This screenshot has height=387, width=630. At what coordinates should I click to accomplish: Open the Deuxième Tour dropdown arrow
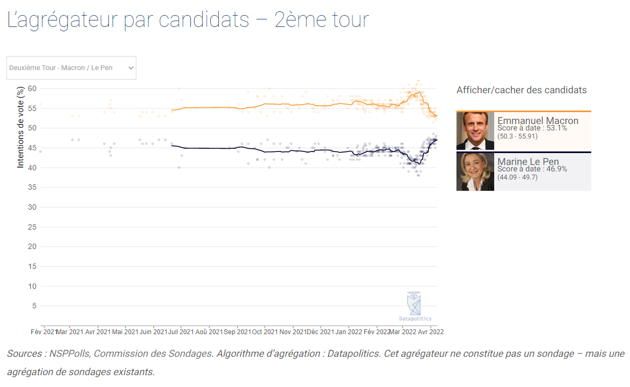pos(130,68)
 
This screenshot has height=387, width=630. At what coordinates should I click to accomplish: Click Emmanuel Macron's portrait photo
pos(475,130)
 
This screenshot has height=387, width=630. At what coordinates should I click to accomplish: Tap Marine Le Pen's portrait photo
pos(475,171)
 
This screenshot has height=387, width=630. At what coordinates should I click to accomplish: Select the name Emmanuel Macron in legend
pos(538,121)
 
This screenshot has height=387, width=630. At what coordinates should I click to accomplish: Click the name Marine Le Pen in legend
pos(528,162)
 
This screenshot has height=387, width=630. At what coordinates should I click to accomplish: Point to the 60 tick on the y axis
pos(32,88)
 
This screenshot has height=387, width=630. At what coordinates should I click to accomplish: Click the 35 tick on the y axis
pos(32,187)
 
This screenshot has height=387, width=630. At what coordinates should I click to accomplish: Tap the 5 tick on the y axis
pos(34,306)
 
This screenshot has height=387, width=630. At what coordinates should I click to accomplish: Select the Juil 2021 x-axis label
pos(181,332)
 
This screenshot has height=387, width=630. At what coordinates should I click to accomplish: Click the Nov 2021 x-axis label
pos(293,332)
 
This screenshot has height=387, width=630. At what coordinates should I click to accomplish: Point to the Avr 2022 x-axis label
pos(431,332)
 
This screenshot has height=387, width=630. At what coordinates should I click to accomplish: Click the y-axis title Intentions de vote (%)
pos(20,127)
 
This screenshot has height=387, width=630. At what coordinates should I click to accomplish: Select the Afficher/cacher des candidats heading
pos(522,90)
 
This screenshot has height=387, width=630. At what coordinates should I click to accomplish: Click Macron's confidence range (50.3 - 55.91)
pos(517,136)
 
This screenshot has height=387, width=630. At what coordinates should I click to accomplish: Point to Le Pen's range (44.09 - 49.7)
pos(517,177)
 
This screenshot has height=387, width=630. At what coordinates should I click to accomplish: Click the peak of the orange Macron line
pos(419,92)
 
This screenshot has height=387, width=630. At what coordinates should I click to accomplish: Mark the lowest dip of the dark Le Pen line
pos(419,164)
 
